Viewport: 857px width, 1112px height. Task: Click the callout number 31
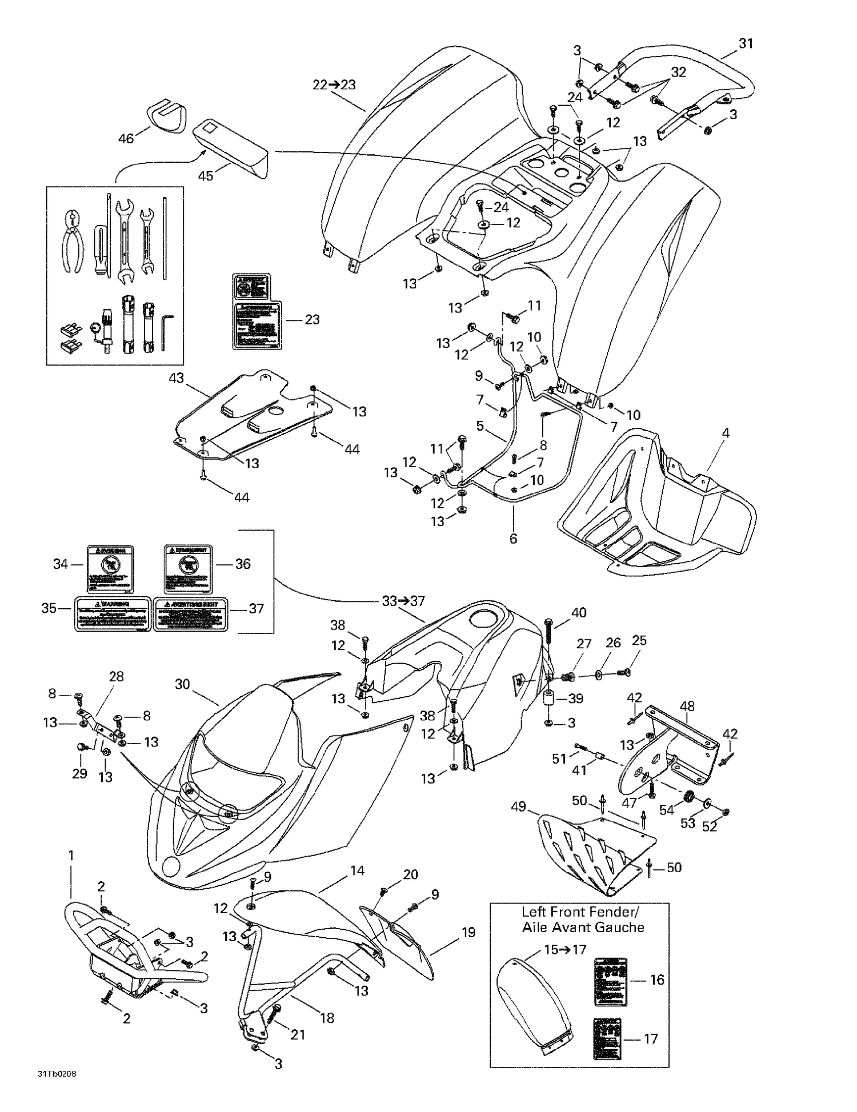point(746,43)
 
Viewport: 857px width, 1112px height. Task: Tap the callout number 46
point(126,138)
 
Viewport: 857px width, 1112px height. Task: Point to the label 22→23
point(334,85)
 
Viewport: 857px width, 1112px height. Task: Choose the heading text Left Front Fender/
point(580,912)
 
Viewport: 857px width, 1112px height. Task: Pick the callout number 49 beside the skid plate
point(518,807)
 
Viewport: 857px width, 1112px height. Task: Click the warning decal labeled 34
point(111,569)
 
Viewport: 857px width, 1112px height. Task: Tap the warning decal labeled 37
point(190,614)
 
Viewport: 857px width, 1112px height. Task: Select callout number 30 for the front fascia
point(182,684)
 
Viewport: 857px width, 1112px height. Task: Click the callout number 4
point(726,433)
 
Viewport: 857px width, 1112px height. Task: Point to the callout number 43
point(177,378)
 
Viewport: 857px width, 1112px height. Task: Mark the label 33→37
point(403,601)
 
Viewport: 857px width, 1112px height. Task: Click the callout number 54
point(667,810)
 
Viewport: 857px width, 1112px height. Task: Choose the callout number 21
point(298,1034)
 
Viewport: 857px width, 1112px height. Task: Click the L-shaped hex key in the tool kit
point(166,332)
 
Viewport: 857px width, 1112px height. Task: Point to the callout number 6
point(513,538)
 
